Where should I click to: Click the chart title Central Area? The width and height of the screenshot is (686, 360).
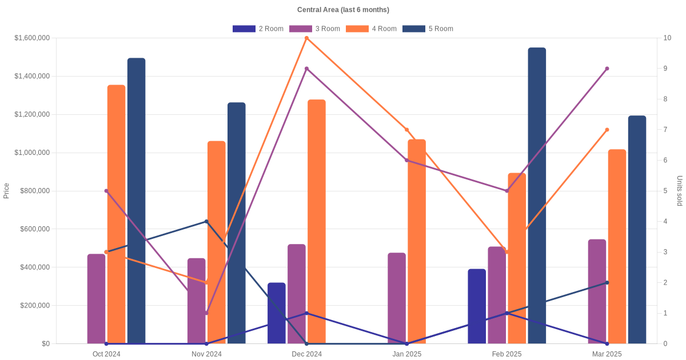pos(343,10)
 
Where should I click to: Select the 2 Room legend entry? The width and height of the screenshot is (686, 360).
pos(258,29)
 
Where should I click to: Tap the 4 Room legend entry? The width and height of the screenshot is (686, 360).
pos(371,29)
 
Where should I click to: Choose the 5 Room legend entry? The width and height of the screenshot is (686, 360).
pos(428,29)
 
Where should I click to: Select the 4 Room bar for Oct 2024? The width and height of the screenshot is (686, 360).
pos(116,214)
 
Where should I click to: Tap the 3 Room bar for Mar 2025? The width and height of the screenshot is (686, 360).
pos(597,291)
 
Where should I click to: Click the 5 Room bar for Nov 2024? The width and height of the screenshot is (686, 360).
pos(237,223)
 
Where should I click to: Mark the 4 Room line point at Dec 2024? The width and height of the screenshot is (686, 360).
pos(307,38)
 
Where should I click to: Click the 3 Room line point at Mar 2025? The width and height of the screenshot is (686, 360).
pos(607,69)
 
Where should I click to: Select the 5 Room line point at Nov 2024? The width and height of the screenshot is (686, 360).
pos(206,221)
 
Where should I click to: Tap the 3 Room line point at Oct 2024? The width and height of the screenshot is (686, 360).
pos(106,191)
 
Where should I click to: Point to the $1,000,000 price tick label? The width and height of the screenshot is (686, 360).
pos(32,153)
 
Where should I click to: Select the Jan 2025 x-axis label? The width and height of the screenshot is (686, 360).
pos(407,354)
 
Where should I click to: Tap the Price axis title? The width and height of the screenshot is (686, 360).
pos(6,191)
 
